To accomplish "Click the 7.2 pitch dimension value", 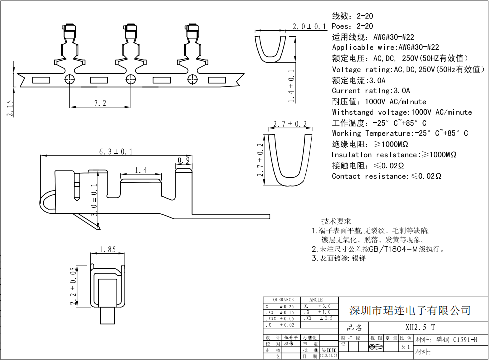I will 100,103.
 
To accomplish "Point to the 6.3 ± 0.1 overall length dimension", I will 116,151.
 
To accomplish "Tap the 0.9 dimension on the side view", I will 184,160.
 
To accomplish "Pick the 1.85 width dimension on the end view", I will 107,249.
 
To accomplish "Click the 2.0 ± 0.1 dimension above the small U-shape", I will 309,26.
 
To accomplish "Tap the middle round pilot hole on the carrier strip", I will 131,79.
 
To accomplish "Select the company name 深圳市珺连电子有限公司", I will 410,310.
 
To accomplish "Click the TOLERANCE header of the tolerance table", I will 282,300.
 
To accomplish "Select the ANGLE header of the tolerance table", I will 316,300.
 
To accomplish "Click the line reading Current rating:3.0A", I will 371,91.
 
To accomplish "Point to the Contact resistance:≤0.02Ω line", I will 386,176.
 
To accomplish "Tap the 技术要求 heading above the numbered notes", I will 336,221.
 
